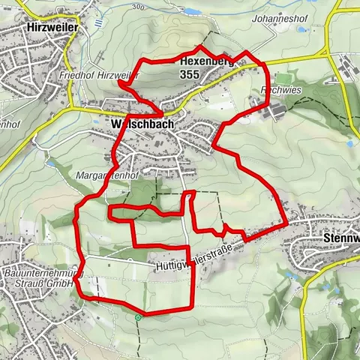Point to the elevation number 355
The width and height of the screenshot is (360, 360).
[x=190, y=74]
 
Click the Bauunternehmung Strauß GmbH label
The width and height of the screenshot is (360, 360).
[x=41, y=279]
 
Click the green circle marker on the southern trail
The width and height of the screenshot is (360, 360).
[x=139, y=318]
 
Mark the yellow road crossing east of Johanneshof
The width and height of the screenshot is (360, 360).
[x=328, y=54]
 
